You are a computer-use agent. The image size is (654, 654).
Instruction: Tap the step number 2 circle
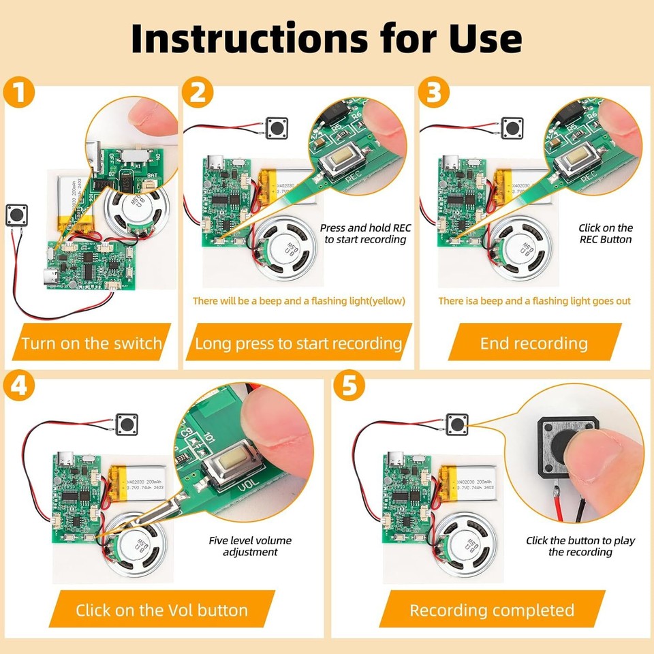197,93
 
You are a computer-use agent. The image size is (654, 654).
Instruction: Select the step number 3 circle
433,93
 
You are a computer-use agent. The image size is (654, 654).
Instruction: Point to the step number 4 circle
20,387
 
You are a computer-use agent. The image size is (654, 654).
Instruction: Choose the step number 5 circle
348,387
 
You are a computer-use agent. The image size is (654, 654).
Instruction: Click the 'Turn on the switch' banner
91,343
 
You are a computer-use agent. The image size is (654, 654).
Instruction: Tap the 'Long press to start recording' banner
298,343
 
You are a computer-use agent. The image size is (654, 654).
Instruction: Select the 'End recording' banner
533,343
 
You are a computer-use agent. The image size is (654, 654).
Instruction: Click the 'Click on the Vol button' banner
161,609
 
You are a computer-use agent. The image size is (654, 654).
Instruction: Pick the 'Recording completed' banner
491,609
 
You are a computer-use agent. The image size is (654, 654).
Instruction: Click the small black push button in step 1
16,215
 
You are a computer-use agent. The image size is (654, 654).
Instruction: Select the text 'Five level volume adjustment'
250,546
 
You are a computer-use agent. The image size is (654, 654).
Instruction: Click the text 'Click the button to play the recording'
580,545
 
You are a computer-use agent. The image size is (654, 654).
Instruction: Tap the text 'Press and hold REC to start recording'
364,233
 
